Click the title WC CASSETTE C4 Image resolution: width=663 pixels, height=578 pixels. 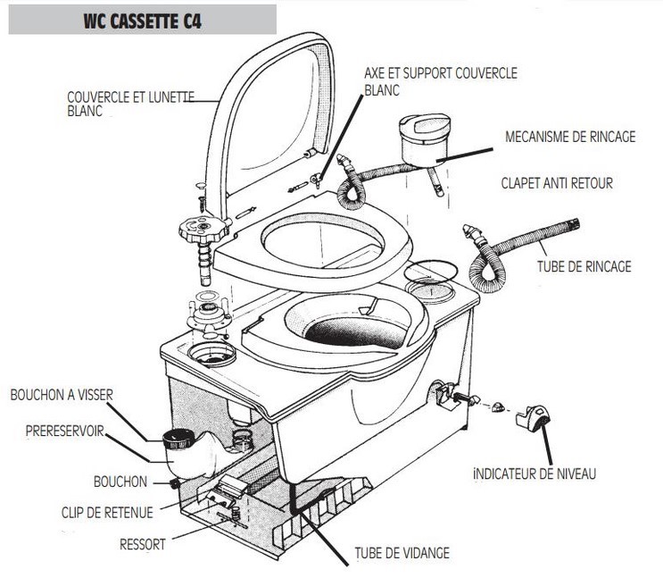coord(144,21)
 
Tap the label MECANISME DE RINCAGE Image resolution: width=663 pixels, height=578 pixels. coord(570,137)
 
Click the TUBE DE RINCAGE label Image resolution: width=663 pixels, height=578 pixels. coord(584,266)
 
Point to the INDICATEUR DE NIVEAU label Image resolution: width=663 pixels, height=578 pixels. coord(535,473)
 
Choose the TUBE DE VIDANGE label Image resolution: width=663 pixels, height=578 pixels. coord(402,553)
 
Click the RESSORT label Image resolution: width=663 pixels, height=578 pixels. coord(144,542)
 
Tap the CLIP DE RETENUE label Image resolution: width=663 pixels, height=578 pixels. coord(106,512)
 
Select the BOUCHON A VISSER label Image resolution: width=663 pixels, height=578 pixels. coord(62,394)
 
